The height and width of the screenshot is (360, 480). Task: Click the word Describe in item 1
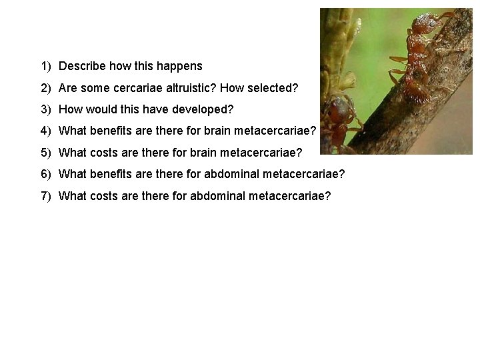tap(81, 67)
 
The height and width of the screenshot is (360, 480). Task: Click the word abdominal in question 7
tap(221, 196)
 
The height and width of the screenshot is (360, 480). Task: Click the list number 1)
tap(46, 67)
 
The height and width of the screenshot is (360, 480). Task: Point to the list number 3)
tap(46, 110)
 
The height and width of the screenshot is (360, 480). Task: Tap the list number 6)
tap(46, 175)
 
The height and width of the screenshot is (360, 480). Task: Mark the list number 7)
tap(46, 196)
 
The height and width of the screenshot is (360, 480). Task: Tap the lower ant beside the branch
tap(341, 117)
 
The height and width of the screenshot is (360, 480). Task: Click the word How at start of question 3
tap(71, 110)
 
